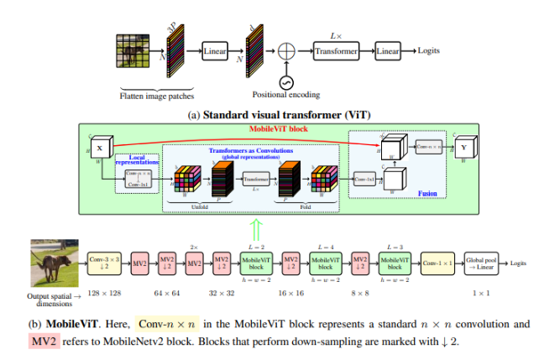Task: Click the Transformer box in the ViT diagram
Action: [x=337, y=52]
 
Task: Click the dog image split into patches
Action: [x=131, y=53]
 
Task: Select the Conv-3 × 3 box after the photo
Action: [x=104, y=263]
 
